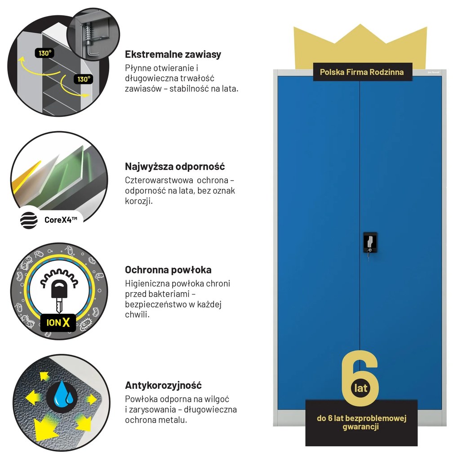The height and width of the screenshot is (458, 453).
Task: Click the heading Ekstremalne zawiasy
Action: click(173, 54)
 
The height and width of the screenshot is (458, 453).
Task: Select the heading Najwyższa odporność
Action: click(175, 167)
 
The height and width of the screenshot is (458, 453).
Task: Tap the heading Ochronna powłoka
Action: click(168, 269)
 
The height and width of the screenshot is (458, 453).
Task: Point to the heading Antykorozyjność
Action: click(164, 385)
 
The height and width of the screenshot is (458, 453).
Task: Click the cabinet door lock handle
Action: click(370, 243)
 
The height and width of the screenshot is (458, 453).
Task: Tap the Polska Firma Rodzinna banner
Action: click(362, 72)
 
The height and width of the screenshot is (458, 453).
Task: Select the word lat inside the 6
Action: click(360, 388)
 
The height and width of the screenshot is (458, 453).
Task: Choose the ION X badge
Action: click(58, 322)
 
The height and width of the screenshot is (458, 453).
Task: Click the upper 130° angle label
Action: click(44, 53)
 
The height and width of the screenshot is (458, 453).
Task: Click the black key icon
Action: click(59, 295)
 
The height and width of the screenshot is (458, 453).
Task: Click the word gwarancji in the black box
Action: click(360, 427)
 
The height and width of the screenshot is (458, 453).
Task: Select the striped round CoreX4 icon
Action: click(29, 220)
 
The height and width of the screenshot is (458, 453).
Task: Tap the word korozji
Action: click(139, 201)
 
